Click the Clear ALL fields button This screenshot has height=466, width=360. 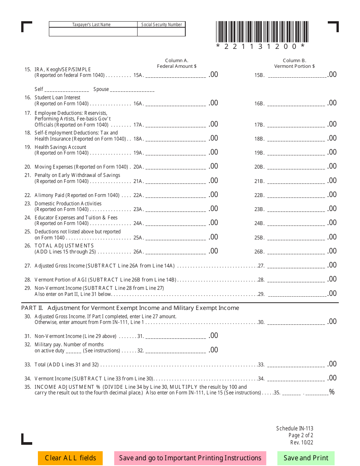(70, 458)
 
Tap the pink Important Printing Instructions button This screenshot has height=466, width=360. (190, 458)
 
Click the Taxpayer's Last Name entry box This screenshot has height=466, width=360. (93, 32)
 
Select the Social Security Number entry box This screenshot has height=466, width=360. (161, 32)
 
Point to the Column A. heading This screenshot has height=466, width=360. (177, 61)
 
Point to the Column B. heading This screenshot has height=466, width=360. (294, 61)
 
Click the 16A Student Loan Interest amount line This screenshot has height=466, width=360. (175, 103)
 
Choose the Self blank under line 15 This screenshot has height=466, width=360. (66, 90)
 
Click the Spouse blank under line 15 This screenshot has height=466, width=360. (132, 90)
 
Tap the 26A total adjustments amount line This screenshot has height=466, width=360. (175, 251)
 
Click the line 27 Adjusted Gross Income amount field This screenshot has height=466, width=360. (296, 265)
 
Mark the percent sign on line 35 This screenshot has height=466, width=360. (332, 392)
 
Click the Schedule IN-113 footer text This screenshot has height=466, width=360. (295, 428)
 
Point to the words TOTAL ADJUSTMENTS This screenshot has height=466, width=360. (64, 246)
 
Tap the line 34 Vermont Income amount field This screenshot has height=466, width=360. (296, 378)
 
